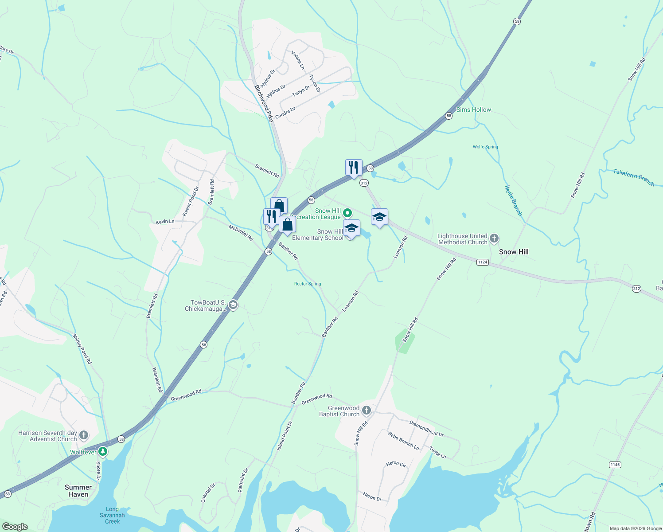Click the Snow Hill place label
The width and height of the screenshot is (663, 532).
click(x=514, y=252)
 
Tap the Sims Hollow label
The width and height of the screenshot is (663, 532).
click(x=474, y=110)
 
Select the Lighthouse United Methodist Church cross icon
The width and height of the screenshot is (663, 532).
click(x=494, y=239)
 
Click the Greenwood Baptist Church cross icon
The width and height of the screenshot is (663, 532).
click(x=367, y=410)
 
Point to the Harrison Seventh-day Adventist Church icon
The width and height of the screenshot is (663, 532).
click(x=84, y=435)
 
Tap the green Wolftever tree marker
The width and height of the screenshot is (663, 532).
click(x=103, y=452)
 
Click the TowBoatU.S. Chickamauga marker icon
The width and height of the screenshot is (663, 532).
click(x=234, y=305)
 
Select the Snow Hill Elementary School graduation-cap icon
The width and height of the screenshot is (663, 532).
click(x=351, y=229)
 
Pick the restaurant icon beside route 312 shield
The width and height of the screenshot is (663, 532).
click(x=354, y=168)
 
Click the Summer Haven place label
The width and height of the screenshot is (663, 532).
click(x=78, y=491)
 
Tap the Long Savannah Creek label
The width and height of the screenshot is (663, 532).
click(x=112, y=515)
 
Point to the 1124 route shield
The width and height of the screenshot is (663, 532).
click(x=483, y=262)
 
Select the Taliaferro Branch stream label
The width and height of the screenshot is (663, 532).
click(x=633, y=177)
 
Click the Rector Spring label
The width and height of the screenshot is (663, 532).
click(x=308, y=284)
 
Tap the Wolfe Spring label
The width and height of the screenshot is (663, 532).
click(x=485, y=147)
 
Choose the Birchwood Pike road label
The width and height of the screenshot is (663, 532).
click(x=263, y=103)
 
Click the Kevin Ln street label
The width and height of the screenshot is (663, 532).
click(x=165, y=221)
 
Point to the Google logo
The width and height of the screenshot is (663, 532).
click(x=15, y=527)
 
